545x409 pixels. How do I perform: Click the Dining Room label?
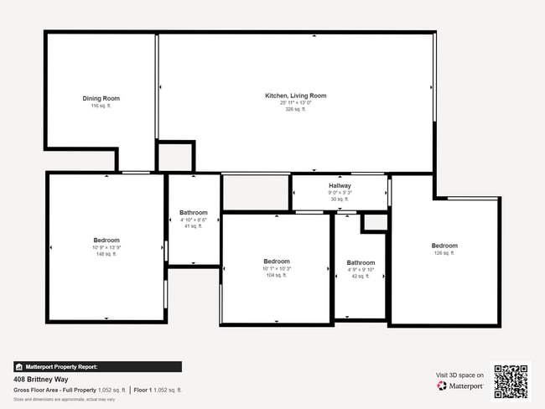coord(101,99)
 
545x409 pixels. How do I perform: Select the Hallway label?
coord(340,185)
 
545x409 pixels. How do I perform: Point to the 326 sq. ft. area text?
coord(296,109)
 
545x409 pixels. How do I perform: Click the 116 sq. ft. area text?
coord(101,106)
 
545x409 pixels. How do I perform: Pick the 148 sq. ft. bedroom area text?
coord(106,254)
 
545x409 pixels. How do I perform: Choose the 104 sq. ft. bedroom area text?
coord(276,275)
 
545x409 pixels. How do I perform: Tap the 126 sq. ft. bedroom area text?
coord(444,253)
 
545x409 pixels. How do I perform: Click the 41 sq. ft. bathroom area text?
coord(194,226)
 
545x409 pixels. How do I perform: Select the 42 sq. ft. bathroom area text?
coord(361,276)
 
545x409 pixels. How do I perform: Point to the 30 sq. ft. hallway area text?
coord(340,199)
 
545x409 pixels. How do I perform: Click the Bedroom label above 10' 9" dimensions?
coord(106,241)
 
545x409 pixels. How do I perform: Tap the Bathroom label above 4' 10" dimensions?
coord(194,213)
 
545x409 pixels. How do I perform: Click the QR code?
coord(511,381)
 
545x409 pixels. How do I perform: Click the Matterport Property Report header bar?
coord(97,366)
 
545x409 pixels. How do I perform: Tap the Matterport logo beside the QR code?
coord(459,386)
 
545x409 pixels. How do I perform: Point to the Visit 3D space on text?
coord(459,375)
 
